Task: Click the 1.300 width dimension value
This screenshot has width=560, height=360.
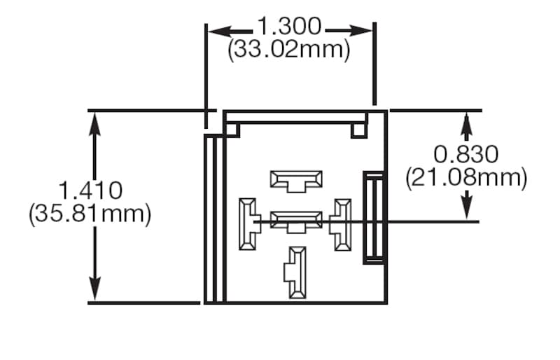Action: [289, 28]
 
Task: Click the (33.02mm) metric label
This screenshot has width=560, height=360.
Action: [288, 50]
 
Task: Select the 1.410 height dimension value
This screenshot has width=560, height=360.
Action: [90, 190]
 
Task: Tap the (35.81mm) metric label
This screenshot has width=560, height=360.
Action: [90, 214]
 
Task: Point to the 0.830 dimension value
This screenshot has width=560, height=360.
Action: [466, 154]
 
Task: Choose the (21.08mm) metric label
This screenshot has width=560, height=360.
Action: [466, 178]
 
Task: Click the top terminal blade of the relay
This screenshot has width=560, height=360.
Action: [297, 180]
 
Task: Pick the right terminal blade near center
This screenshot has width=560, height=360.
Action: [342, 224]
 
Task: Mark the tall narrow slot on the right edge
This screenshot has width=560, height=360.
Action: [371, 218]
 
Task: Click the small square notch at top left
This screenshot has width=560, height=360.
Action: [233, 130]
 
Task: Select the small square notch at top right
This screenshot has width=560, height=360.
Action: [359, 130]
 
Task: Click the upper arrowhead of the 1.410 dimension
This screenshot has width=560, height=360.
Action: [95, 121]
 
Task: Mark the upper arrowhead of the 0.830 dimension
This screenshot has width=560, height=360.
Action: [467, 122]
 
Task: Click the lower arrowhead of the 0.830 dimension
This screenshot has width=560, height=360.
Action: [467, 210]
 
